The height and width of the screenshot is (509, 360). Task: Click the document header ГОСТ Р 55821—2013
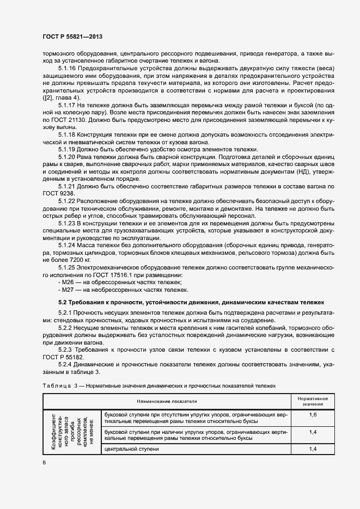(x=72, y=37)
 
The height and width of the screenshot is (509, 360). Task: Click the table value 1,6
(x=313, y=415)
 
